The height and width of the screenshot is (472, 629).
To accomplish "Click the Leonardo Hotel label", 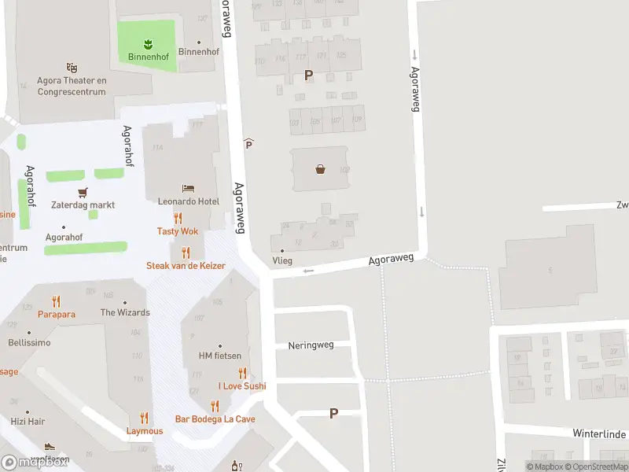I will pos(188,201).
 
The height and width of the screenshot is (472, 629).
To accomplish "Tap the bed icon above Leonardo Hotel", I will pos(188,188).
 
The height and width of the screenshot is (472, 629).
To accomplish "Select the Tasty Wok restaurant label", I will pos(178,231).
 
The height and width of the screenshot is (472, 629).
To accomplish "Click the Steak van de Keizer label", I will pos(186,266).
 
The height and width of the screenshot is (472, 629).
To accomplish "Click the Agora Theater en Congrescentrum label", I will pos(72,86).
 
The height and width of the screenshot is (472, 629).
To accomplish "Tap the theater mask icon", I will pos(72,68).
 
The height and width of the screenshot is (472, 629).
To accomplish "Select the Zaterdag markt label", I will pos(83,205).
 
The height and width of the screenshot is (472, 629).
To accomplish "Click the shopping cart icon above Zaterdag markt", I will pos(83,191).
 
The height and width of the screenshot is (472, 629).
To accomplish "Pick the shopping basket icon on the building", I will pos(321,168).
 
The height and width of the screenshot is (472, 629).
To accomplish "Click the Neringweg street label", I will pos(311,345).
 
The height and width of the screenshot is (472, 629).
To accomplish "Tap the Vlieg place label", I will pos(281,260).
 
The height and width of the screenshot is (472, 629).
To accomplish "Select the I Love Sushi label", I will pos(242,386).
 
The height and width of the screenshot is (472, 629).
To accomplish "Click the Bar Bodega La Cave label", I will pos(215,419).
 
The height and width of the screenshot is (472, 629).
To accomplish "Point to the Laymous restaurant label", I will pos(145,431).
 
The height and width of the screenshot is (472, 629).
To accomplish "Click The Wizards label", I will pos(125,312).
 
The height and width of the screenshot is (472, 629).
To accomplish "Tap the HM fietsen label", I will pos(219,356).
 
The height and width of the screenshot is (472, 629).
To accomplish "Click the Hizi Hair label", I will pos(28,422).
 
